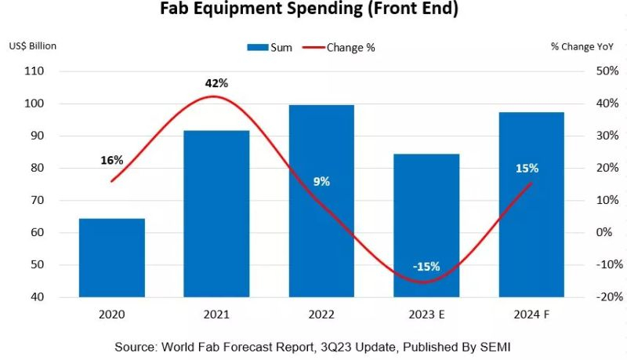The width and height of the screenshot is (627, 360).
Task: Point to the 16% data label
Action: coord(111,160)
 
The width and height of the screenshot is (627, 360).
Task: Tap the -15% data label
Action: coord(426,266)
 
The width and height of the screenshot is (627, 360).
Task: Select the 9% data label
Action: coord(321,181)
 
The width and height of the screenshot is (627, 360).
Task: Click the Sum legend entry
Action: coord(270,47)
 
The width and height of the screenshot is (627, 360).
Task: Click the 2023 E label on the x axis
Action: coord(426,315)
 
